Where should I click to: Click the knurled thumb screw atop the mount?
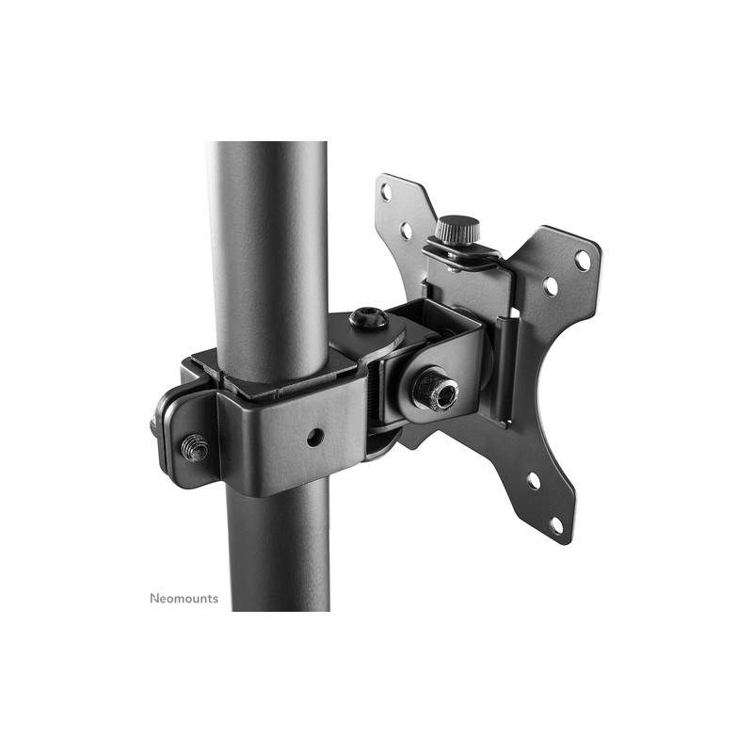457,230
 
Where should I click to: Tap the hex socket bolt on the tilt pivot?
436,388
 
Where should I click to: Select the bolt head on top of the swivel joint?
369,318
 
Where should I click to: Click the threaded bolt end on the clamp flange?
195,448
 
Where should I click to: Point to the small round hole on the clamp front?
315,437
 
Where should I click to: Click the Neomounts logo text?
184,599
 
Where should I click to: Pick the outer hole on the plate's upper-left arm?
386,192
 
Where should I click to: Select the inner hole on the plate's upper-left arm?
407,230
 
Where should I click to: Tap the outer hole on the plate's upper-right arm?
583,261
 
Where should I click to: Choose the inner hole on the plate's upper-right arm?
551,287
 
